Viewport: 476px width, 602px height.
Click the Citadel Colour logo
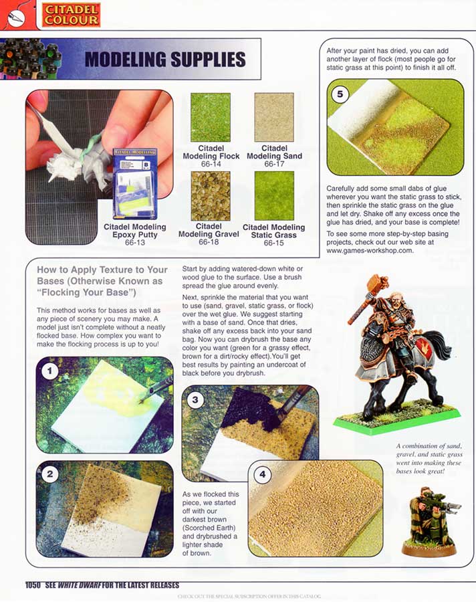(70, 14)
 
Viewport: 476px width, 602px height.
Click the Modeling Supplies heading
(164, 60)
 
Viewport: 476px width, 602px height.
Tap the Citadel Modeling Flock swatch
(211, 117)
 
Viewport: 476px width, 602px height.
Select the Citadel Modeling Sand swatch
(274, 117)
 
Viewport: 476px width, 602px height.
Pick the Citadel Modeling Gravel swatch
(211, 196)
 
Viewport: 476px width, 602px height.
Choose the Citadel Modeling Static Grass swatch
(274, 196)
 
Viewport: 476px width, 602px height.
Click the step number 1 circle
(50, 369)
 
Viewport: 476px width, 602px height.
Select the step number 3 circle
(195, 401)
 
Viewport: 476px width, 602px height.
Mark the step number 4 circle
(263, 475)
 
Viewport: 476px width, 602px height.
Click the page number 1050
(34, 584)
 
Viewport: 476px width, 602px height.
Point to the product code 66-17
(274, 164)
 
